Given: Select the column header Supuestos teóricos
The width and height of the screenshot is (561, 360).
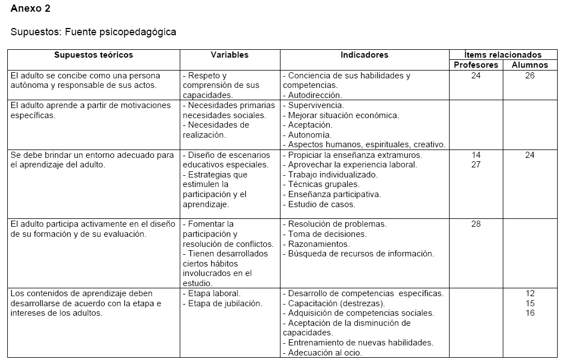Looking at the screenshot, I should tap(93, 55).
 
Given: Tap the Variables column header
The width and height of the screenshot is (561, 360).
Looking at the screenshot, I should tap(230, 55).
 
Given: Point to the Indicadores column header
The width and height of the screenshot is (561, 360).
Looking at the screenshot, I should tap(364, 55).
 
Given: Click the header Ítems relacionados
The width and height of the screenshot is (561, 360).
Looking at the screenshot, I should tap(503, 55).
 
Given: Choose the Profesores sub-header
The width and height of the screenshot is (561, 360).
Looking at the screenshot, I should tap(476, 65).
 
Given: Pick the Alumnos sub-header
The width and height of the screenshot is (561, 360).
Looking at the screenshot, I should tap(530, 65).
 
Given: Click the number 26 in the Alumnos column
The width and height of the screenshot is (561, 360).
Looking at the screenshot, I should tap(530, 76).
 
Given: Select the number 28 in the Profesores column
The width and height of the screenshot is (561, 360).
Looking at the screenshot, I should tap(476, 224).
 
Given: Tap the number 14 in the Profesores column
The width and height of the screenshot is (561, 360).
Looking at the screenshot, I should tap(476, 155).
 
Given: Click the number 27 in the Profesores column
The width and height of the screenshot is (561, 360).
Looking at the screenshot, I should tap(476, 165).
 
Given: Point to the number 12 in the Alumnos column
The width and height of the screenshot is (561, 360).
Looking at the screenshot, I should tap(530, 293).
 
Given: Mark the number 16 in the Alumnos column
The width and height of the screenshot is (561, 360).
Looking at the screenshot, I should tap(530, 313).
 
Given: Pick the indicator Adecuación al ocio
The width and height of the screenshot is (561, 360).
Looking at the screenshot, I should tap(325, 353).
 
